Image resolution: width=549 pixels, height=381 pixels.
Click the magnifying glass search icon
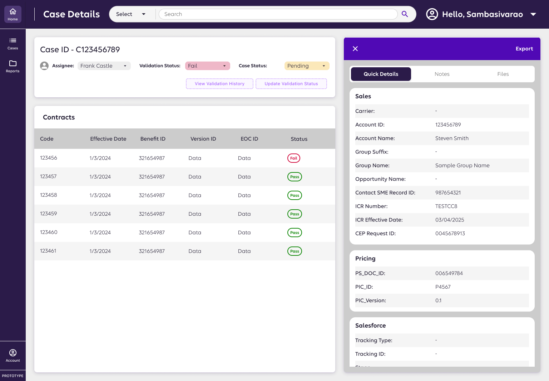click(x=405, y=14)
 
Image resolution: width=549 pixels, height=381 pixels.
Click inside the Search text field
click(x=278, y=14)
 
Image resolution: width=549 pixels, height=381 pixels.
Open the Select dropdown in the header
click(x=131, y=14)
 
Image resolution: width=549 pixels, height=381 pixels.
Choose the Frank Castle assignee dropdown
click(x=104, y=66)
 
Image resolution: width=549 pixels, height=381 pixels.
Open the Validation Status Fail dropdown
click(x=207, y=66)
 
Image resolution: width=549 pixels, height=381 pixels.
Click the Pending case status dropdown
click(x=307, y=66)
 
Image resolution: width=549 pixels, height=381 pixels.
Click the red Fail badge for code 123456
click(x=293, y=158)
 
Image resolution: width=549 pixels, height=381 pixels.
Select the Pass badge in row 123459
click(x=295, y=214)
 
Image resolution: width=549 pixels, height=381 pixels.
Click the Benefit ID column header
click(x=153, y=139)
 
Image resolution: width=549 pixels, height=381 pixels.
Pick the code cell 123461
click(x=48, y=251)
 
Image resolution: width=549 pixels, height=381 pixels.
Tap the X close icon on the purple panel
click(x=355, y=49)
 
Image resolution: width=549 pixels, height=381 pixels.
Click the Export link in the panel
click(x=524, y=49)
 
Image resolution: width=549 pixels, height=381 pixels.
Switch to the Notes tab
click(x=442, y=74)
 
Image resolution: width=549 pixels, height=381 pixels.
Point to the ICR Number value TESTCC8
click(x=446, y=206)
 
